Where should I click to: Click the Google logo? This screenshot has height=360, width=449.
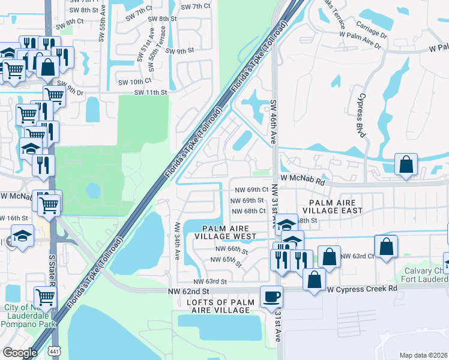(20, 353)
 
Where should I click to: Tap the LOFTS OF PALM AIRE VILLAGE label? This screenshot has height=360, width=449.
(218, 305)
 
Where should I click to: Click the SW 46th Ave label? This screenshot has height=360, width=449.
(273, 121)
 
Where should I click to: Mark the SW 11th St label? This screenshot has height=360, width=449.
(149, 92)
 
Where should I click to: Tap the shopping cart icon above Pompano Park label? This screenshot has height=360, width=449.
(46, 296)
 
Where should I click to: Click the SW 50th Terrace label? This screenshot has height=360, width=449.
(161, 43)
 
